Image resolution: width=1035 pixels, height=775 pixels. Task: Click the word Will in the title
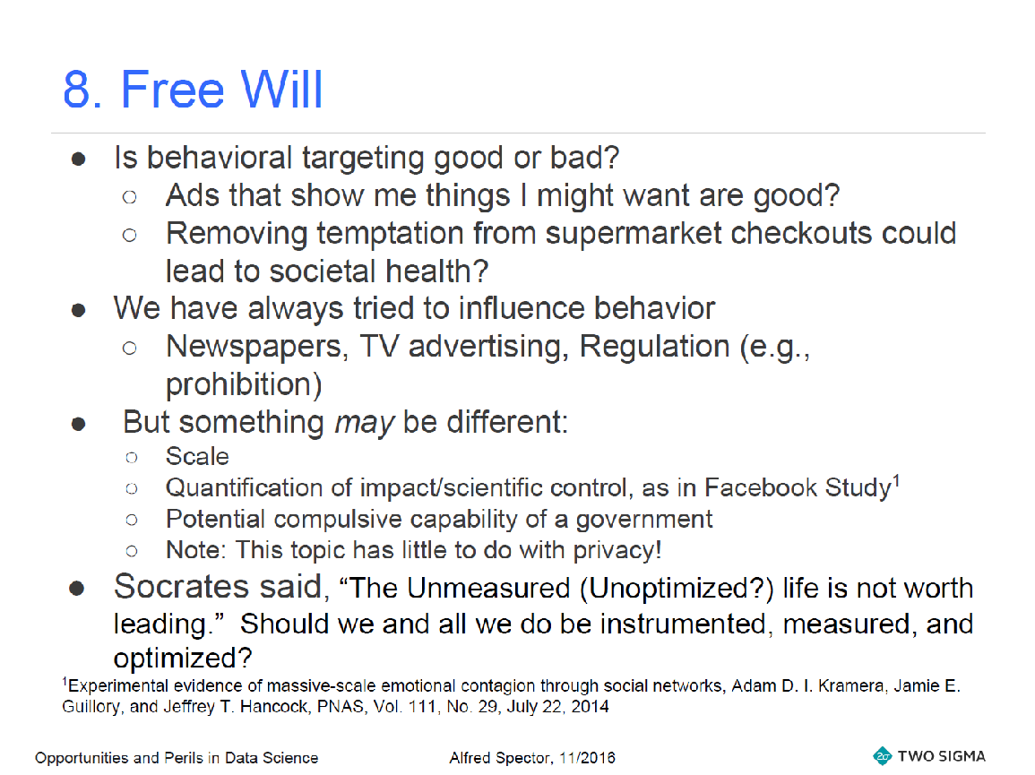click(281, 89)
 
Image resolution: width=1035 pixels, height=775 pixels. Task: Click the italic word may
click(364, 423)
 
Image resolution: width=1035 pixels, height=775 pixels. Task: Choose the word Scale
click(197, 457)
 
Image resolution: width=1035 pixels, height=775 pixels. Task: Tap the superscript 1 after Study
click(896, 481)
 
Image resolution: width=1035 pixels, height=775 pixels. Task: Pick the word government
click(644, 521)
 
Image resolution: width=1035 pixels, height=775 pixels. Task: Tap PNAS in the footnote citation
click(341, 707)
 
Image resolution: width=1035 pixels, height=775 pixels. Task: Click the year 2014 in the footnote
click(590, 707)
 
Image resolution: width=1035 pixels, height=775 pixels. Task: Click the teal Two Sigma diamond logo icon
click(882, 756)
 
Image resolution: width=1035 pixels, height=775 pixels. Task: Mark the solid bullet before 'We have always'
click(78, 310)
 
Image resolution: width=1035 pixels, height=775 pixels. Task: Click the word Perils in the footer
click(185, 758)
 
